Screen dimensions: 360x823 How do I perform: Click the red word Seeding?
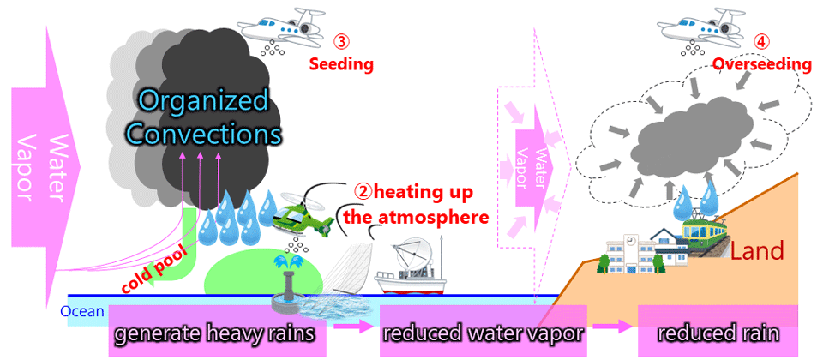coord(341,64)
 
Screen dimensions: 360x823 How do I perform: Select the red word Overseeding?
coord(762,65)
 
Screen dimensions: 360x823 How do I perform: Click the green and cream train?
coord(706,231)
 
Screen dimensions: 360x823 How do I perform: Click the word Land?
coord(757,251)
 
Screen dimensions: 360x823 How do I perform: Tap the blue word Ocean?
coord(82,312)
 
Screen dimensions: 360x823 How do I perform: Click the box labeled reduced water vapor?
coord(482,331)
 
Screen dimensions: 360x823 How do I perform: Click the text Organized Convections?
coord(201,117)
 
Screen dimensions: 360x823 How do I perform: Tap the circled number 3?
coord(341,41)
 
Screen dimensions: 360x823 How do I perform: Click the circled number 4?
coord(760,41)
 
